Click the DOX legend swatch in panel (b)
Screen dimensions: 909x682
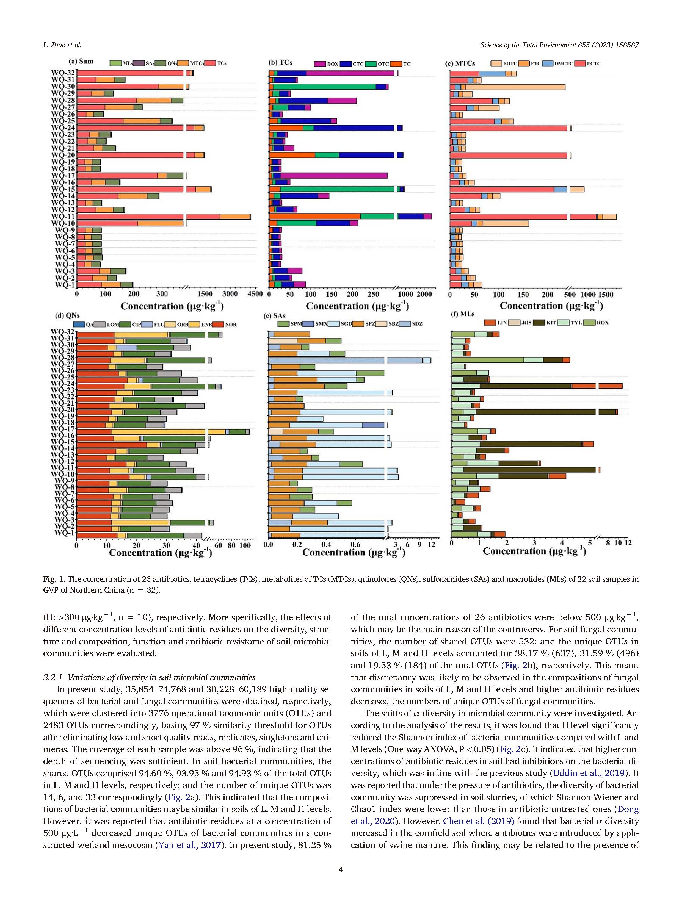(320, 64)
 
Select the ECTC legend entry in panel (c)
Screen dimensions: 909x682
(580, 64)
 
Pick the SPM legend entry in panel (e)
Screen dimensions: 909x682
(283, 323)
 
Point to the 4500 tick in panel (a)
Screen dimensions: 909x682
(255, 294)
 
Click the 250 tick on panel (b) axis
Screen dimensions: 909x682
(373, 295)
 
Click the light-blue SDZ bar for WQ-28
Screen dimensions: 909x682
(345, 360)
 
